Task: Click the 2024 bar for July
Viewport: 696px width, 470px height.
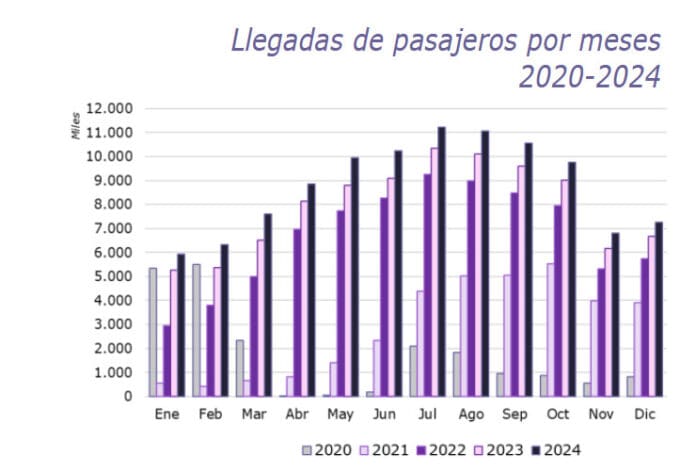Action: click(x=441, y=262)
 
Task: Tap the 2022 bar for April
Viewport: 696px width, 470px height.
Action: click(x=296, y=313)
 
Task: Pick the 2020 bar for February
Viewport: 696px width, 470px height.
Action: click(x=196, y=330)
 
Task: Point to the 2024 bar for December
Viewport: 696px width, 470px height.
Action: click(x=657, y=309)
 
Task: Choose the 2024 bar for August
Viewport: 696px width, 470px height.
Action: click(x=484, y=264)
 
